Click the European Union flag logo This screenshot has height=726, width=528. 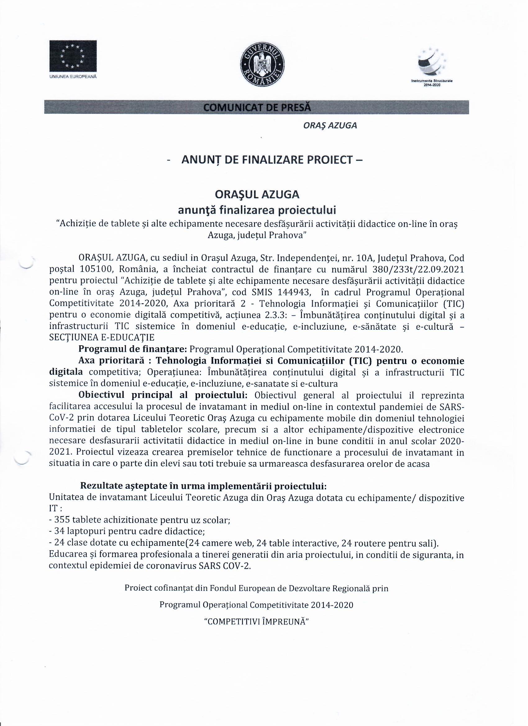[73, 56]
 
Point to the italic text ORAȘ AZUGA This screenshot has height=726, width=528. [330, 126]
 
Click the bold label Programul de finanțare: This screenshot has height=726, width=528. [133, 349]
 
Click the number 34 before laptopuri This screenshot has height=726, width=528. [59, 532]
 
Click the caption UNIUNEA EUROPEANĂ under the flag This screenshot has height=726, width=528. [73, 77]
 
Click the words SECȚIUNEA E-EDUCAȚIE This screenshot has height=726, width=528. [102, 338]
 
